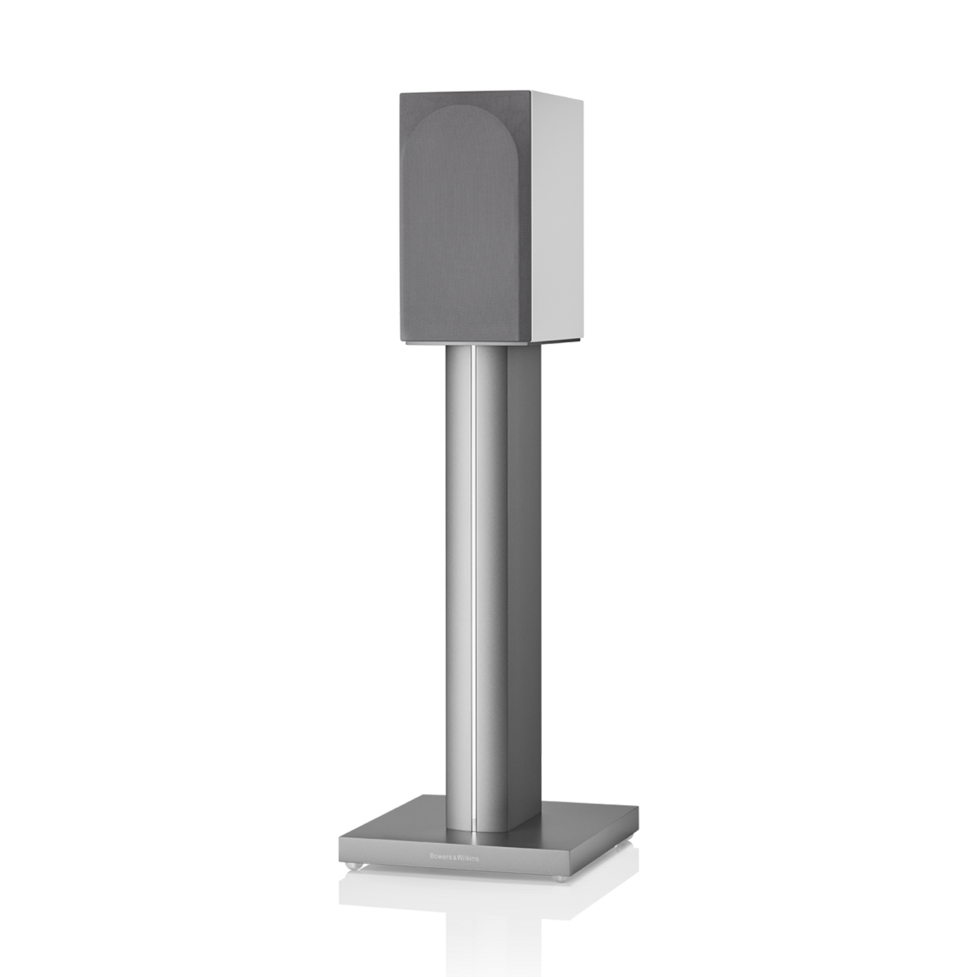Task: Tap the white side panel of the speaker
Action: tap(556, 215)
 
